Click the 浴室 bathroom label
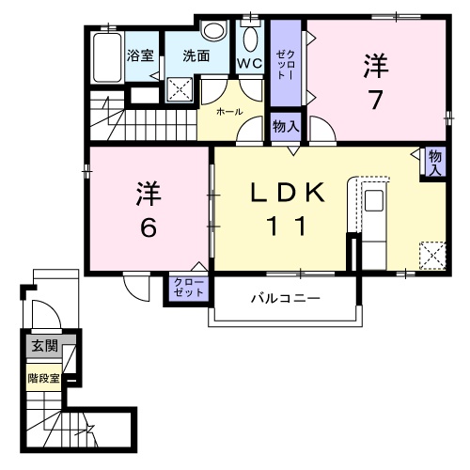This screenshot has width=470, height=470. tap(140, 55)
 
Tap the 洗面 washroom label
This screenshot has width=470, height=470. tap(196, 55)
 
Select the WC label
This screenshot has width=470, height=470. tap(249, 64)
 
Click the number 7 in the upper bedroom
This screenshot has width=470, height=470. tap(376, 97)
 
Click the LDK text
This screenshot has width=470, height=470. tap(286, 193)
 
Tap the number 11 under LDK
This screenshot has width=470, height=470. tap(287, 227)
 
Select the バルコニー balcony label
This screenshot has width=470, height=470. tap(285, 298)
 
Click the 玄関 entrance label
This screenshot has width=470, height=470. tap(44, 345)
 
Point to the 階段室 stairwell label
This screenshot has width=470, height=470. tap(43, 379)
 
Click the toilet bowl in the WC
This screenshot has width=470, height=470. tap(249, 39)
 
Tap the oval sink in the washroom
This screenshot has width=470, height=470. tap(214, 31)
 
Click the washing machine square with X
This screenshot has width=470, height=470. tap(180, 89)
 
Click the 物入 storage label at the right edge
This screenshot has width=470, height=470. tap(434, 163)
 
